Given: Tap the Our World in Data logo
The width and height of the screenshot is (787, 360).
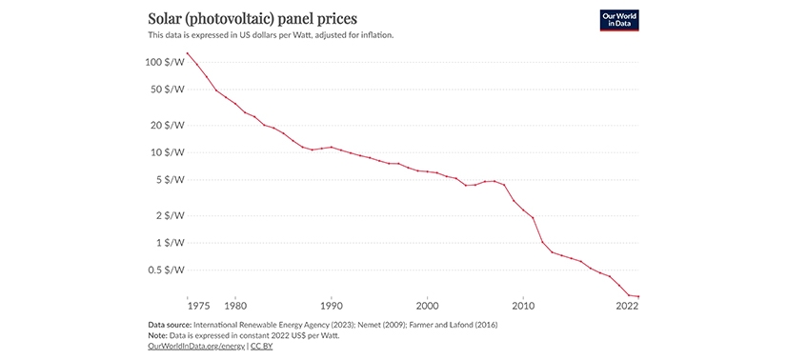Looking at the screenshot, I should pos(618,21).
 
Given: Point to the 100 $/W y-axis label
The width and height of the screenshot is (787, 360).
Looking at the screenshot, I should pos(164,62).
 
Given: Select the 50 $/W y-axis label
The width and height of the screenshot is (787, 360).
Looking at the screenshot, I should pos(166,90).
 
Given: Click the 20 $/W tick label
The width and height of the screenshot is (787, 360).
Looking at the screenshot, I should pos(166,125).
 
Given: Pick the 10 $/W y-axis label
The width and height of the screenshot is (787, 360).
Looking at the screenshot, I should pos(166,152).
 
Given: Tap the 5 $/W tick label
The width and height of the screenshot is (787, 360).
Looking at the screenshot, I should pos(169,180).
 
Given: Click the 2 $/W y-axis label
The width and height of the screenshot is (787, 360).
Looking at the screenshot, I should pos(169,215).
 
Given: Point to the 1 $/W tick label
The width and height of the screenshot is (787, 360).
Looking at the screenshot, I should pos(169,243).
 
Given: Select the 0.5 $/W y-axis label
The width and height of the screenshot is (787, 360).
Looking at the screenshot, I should pos(166,270).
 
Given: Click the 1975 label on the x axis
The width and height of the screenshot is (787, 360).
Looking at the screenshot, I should pos(199,307).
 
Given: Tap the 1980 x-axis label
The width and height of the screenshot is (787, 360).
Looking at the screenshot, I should pos(235,307).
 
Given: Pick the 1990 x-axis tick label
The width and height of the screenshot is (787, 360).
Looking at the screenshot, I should pos(331,307).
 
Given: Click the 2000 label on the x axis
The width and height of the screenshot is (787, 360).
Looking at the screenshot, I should pos(427,307).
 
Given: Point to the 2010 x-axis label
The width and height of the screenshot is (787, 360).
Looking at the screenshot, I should pos(523,307).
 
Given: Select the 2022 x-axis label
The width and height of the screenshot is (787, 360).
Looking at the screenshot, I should pos(627,307).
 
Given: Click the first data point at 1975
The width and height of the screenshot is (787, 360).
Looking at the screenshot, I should pos(188,53).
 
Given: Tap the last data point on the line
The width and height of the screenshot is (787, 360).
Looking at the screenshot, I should pos(638,297).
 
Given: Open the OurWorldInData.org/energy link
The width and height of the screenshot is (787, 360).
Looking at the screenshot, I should pos(196,347).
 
